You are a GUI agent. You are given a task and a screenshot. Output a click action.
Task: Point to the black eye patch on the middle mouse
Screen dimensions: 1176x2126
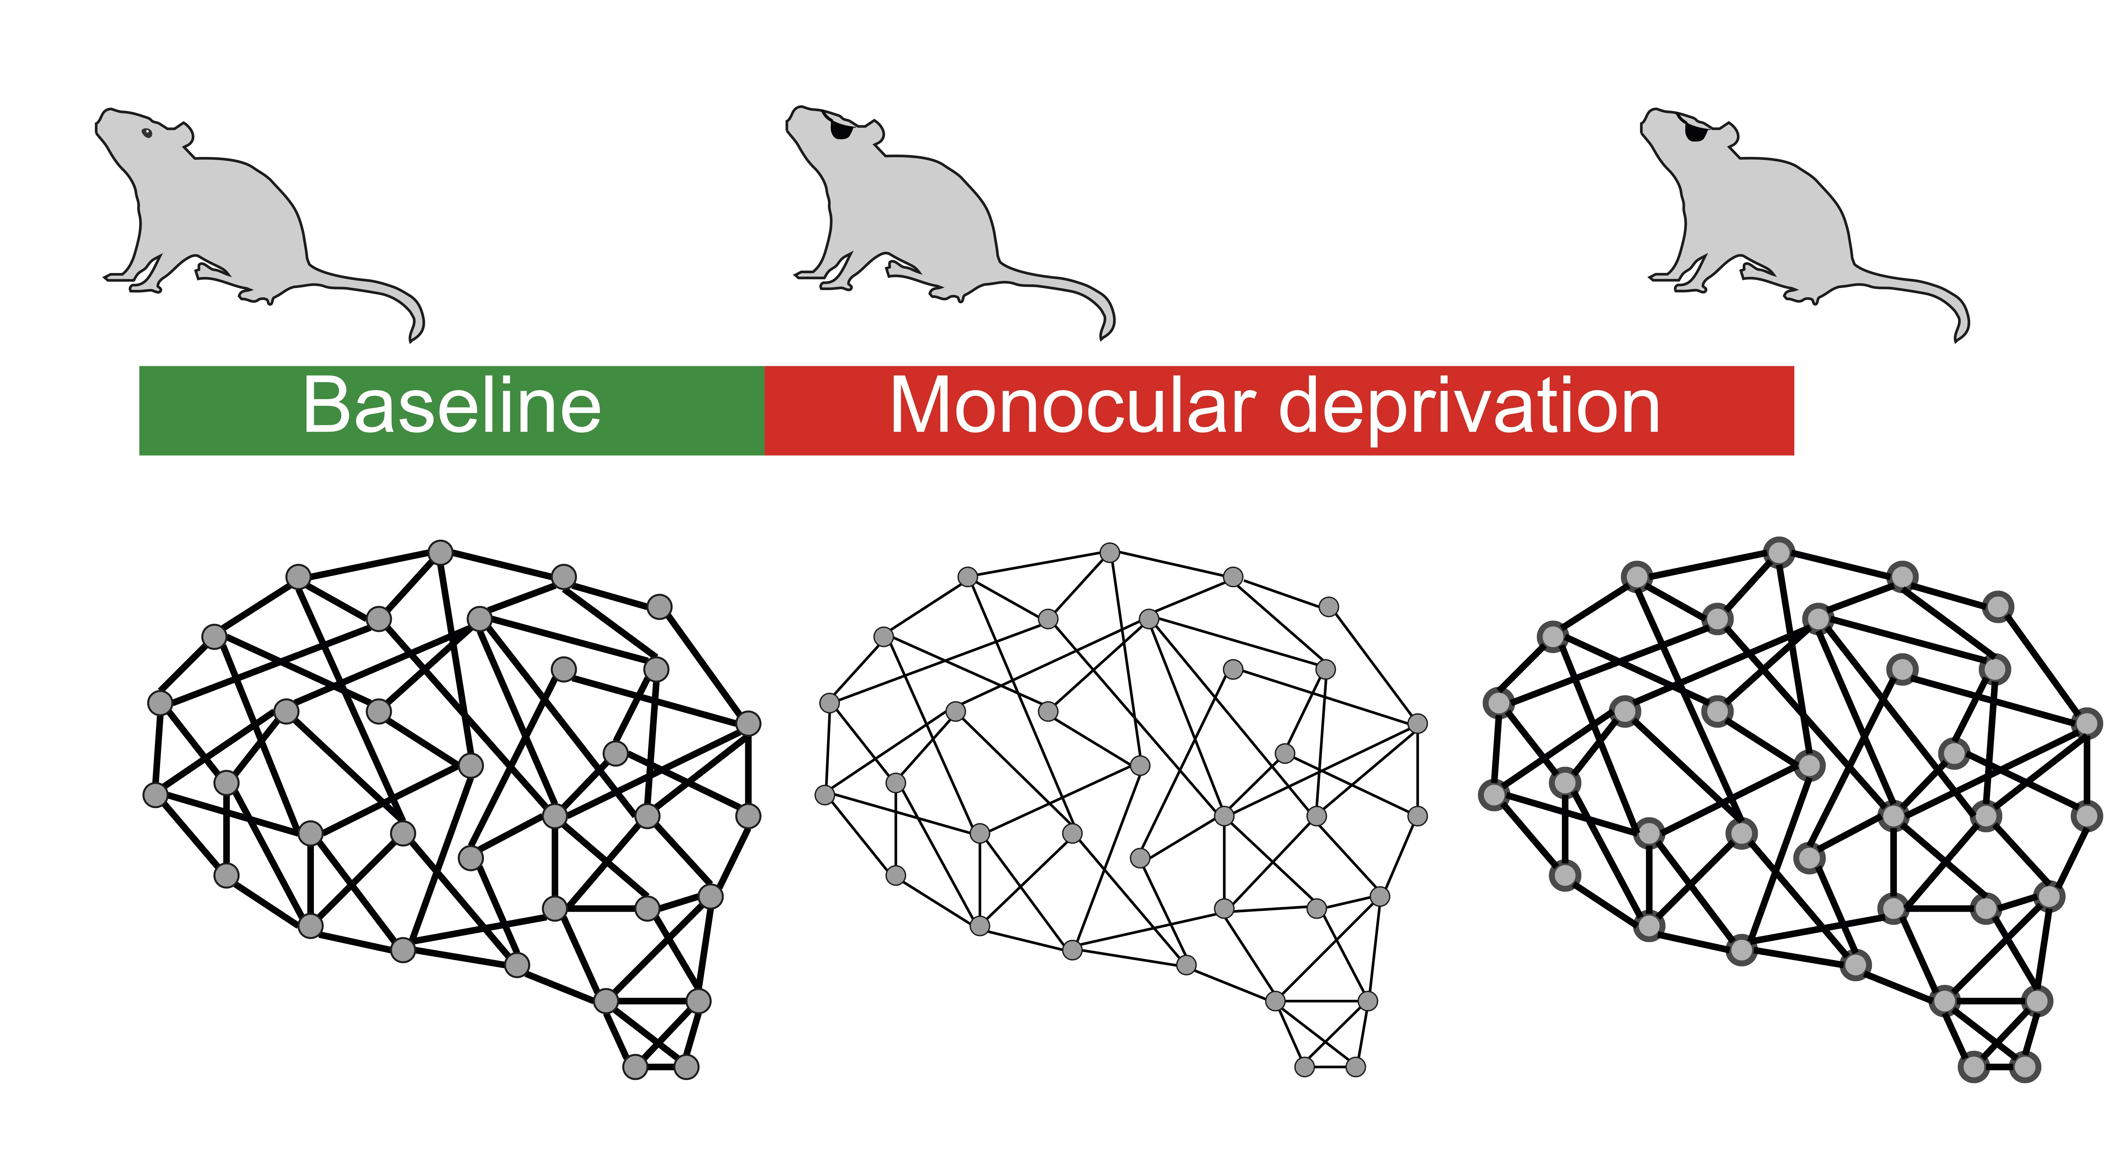[840, 130]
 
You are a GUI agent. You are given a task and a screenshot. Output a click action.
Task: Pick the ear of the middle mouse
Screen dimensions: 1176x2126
[875, 132]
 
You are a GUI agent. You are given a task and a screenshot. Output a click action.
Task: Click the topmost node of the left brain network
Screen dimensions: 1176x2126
[441, 552]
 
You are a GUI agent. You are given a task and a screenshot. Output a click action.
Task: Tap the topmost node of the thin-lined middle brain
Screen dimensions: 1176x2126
[1110, 552]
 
